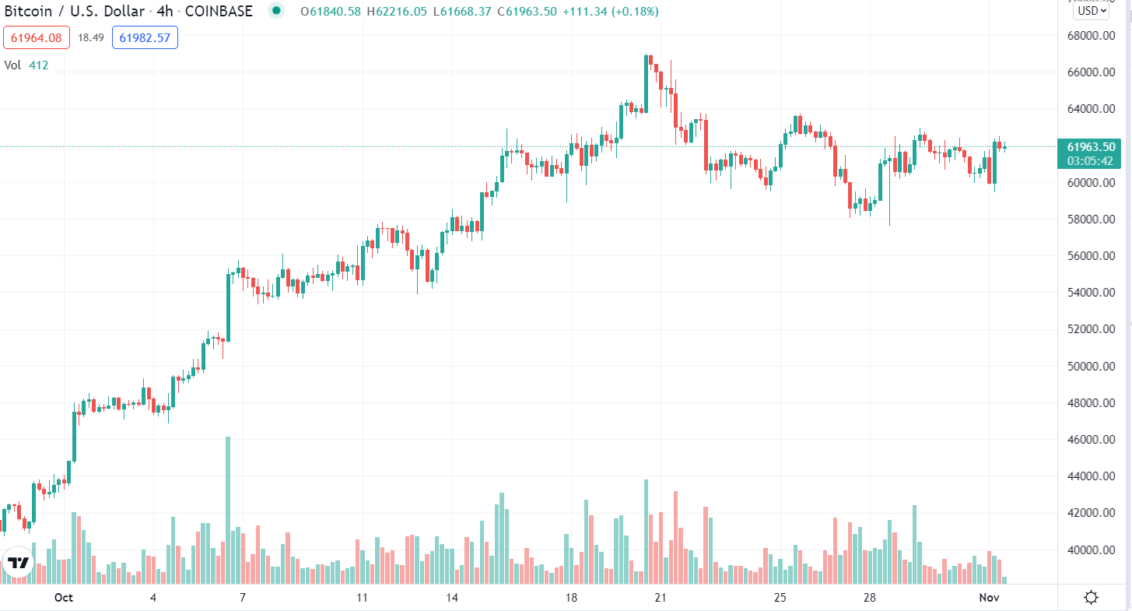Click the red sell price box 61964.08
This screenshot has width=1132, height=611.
[37, 37]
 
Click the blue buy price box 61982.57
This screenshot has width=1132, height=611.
[145, 37]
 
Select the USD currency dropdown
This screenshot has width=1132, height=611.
[1091, 11]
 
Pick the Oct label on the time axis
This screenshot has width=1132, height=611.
[64, 598]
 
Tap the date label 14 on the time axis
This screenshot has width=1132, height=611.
[452, 598]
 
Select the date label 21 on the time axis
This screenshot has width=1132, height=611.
[661, 598]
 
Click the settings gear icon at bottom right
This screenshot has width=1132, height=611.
[1091, 598]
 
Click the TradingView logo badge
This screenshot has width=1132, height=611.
[19, 563]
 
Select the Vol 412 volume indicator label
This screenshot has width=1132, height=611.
[26, 65]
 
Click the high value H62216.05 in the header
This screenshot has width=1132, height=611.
[397, 12]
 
